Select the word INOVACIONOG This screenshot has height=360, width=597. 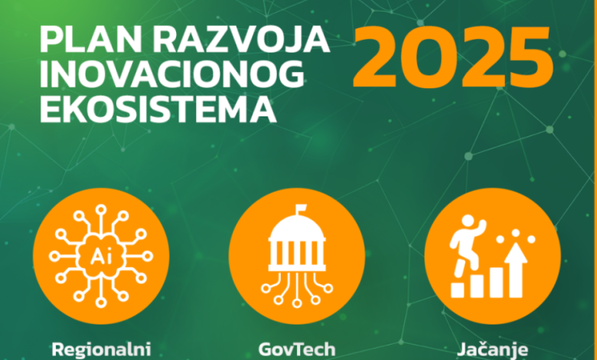(172, 74)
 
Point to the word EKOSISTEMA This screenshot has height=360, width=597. (158, 110)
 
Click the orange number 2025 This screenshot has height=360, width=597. (452, 57)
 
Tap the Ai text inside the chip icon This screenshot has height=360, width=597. (101, 257)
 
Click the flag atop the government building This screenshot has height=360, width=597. (301, 209)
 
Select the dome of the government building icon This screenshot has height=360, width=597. (297, 228)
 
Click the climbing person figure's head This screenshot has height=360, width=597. (468, 221)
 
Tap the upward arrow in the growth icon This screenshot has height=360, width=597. (516, 270)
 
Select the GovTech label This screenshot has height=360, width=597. (297, 349)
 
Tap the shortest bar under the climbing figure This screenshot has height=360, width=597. (458, 290)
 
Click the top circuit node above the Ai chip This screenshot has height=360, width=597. (101, 210)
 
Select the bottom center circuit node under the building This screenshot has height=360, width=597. (297, 303)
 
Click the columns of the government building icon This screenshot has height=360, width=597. (297, 252)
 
